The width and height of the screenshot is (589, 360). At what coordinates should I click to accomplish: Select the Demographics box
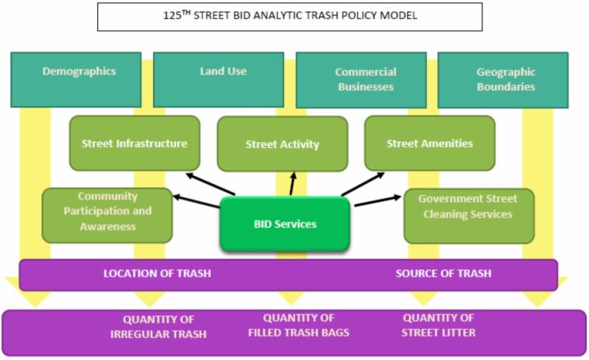(x=78, y=80)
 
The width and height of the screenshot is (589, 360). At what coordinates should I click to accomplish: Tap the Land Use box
(x=222, y=80)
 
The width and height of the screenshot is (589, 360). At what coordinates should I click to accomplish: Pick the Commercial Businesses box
(x=365, y=80)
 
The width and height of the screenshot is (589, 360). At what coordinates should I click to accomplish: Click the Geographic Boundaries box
(x=505, y=80)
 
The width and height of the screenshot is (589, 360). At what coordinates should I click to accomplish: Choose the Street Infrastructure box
(x=134, y=143)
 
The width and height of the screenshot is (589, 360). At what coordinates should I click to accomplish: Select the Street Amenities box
(x=429, y=143)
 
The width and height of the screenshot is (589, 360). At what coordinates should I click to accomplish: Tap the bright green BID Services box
(x=284, y=223)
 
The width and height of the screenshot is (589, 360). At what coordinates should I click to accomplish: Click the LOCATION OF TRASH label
(x=157, y=274)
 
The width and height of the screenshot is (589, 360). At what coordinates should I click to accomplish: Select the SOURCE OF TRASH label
(x=442, y=274)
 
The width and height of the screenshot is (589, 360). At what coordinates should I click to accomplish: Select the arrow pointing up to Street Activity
(x=292, y=183)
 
